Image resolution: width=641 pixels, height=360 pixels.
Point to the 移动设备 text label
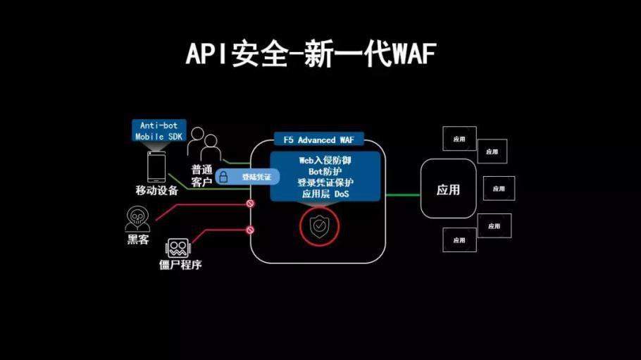pyautogui.click(x=156, y=190)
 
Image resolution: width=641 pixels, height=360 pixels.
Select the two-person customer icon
pyautogui.click(x=204, y=145)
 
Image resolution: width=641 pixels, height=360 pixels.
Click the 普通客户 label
pyautogui.click(x=201, y=176)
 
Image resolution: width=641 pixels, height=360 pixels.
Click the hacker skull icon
pyautogui.click(x=137, y=219)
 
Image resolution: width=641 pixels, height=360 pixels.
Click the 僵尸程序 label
pyautogui.click(x=181, y=266)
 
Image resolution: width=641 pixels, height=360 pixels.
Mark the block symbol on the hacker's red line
pyautogui.click(x=249, y=203)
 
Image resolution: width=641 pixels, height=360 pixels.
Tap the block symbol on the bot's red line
pyautogui.click(x=249, y=230)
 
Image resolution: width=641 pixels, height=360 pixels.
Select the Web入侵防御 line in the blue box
pyautogui.click(x=325, y=161)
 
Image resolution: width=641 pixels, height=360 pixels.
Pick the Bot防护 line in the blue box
pyautogui.click(x=325, y=171)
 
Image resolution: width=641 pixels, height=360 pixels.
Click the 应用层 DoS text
pyautogui.click(x=325, y=193)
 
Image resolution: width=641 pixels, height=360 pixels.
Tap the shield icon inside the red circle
pyautogui.click(x=320, y=226)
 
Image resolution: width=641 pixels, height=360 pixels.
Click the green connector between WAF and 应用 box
pyautogui.click(x=403, y=195)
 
